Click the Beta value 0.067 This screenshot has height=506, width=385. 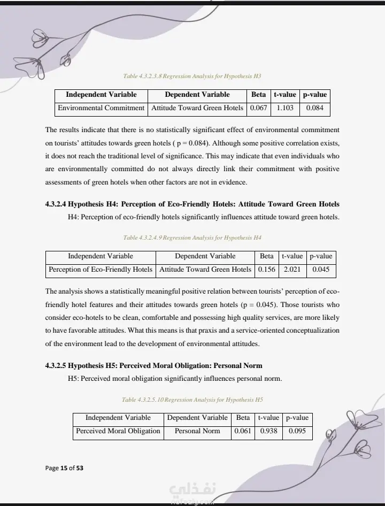[x=258, y=108]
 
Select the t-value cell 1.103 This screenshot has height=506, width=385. [x=285, y=108]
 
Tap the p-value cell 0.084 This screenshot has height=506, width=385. [x=314, y=108]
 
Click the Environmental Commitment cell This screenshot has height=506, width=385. [x=101, y=108]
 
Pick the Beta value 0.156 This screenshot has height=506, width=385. [x=266, y=270]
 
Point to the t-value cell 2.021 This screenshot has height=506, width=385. [x=292, y=270]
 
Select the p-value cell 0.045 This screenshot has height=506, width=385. [x=321, y=270]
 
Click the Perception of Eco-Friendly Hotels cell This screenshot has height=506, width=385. [x=101, y=270]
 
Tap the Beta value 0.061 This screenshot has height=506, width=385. [x=243, y=431]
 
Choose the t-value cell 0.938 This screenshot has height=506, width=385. [x=268, y=431]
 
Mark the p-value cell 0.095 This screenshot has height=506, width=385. [x=297, y=431]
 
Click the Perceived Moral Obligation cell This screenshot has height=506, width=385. [x=118, y=431]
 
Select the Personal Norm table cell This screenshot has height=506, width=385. [x=197, y=431]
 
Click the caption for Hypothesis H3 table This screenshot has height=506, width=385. [x=192, y=76]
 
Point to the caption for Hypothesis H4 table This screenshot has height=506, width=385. [x=192, y=237]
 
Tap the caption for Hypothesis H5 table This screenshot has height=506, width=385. [x=192, y=400]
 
